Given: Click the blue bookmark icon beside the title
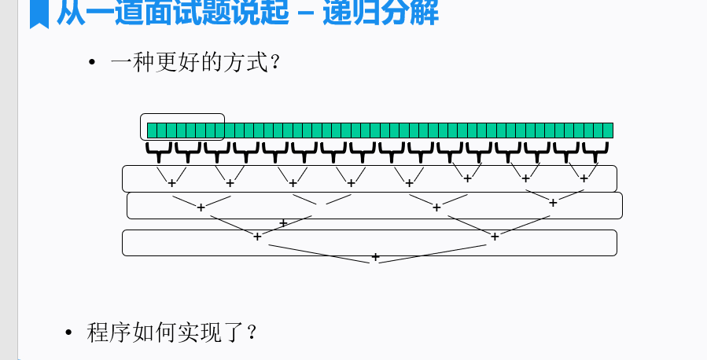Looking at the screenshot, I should [39, 14].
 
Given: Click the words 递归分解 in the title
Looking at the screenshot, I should [381, 13].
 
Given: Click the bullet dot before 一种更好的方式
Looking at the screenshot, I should [92, 62].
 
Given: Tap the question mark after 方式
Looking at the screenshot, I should [274, 62].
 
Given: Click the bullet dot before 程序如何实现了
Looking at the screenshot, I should [69, 332].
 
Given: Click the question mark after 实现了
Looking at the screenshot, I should [251, 332].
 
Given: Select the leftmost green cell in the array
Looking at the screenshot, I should [152, 130].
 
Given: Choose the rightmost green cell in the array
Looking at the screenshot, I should [608, 130].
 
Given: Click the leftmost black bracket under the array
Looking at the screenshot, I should [159, 149].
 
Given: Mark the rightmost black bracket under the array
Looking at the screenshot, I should [595, 149].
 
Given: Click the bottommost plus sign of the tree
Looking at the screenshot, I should [375, 257].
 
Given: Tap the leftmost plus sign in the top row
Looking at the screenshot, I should [171, 183].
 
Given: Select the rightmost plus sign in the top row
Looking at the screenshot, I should [584, 178].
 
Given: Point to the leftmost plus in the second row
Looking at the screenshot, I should [201, 208].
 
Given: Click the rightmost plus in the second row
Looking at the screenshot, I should [553, 203].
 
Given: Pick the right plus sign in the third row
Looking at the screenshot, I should [495, 236].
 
